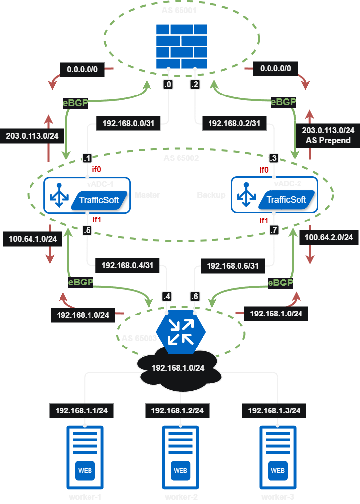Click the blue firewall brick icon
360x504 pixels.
coord(181,47)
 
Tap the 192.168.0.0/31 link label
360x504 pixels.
coord(128,123)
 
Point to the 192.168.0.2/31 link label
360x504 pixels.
coord(234,123)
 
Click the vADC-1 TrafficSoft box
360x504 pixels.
coord(87,195)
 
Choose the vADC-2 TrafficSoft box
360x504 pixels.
coord(274,195)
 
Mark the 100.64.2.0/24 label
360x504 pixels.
coord(329,237)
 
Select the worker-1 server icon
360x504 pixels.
coord(85,457)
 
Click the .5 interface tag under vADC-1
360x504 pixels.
coord(87,230)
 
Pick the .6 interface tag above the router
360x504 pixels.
coord(195,296)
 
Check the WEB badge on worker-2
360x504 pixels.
coord(180,470)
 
